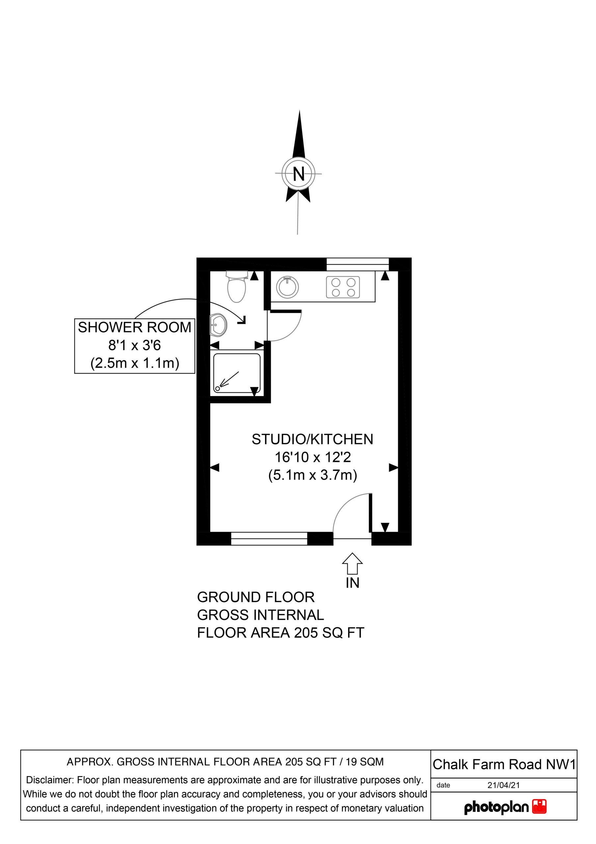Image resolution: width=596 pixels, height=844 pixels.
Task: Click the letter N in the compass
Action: tap(299, 174)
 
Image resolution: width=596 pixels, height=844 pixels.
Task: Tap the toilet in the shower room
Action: tap(236, 286)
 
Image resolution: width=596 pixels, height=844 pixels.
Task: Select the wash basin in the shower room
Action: tap(218, 325)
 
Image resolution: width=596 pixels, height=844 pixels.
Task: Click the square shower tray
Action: tap(237, 373)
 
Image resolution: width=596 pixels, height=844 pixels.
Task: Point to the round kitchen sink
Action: tap(287, 287)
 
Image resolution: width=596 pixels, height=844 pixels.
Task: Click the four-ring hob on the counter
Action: tap(343, 287)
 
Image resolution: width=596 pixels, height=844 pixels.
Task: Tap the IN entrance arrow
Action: tap(352, 563)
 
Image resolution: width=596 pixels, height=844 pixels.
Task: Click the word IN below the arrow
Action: tap(353, 583)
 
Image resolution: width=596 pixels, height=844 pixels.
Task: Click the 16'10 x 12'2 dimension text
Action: tap(313, 457)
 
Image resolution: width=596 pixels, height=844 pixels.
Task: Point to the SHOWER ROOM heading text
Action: tap(135, 327)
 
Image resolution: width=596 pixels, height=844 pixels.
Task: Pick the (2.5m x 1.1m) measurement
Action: tap(135, 363)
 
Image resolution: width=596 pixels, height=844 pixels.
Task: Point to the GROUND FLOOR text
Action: tap(256, 597)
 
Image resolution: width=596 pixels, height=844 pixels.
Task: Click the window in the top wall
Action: tap(358, 264)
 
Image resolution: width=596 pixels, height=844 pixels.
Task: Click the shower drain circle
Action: tap(217, 389)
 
